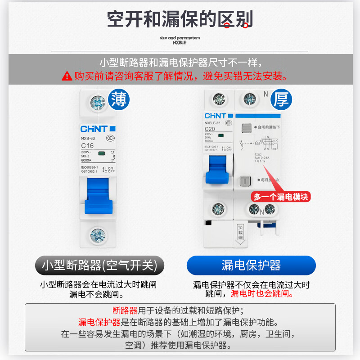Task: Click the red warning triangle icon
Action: click(67, 76)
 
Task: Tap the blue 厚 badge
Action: click(281, 99)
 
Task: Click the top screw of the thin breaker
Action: click(98, 103)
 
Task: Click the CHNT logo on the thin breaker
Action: click(94, 129)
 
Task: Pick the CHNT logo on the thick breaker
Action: click(216, 116)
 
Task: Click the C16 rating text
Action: click(87, 146)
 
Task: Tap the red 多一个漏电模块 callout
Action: click(281, 197)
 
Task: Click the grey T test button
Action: click(245, 180)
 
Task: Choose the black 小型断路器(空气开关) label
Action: click(99, 265)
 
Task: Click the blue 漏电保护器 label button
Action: click(251, 265)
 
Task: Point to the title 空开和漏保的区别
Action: click(180, 19)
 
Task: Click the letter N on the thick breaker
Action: click(265, 94)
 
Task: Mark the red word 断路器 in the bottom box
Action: click(125, 310)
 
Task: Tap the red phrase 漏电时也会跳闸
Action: click(262, 294)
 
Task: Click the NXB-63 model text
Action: click(88, 139)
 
